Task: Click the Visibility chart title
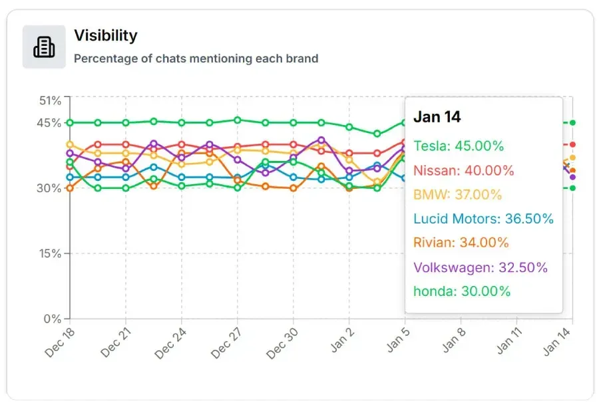tap(105, 35)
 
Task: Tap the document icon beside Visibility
tap(44, 47)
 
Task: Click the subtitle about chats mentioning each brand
tap(196, 59)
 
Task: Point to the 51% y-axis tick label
tap(51, 100)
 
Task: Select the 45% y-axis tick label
tap(51, 123)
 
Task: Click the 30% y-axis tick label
tap(51, 188)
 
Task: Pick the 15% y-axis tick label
tap(51, 253)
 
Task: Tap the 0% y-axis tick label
tap(53, 319)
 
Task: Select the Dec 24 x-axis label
tap(170, 342)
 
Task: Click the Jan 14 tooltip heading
tap(437, 117)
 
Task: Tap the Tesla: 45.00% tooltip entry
tap(459, 146)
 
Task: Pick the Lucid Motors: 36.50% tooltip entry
tap(483, 219)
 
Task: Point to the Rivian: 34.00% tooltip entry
tap(461, 243)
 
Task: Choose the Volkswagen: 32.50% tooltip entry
tap(480, 267)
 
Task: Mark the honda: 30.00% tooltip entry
tap(462, 291)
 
